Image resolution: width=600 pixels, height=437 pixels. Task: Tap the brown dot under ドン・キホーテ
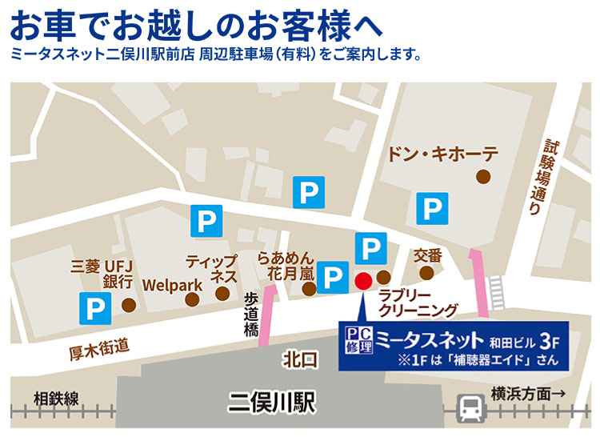482,176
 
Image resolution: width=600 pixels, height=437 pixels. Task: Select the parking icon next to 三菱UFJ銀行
95,306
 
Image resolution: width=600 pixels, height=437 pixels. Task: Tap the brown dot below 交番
426,273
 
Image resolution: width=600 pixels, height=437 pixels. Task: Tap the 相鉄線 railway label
56,398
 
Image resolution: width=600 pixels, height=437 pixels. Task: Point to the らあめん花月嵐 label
286,267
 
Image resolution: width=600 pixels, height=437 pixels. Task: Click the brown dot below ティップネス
222,294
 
